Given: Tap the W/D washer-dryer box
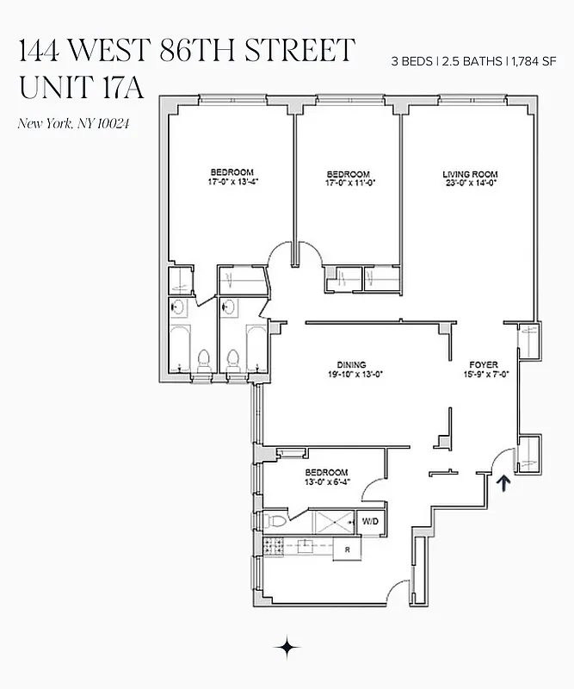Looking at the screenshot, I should point(371,522).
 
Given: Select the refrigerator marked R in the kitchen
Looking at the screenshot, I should point(347,549).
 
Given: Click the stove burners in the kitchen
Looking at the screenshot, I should point(274,545).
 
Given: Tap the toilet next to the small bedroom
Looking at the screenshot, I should point(272,521).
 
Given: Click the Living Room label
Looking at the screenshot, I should point(470,175).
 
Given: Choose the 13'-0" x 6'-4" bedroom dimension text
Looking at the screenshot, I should point(328,481).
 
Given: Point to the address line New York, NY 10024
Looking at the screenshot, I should point(74,123).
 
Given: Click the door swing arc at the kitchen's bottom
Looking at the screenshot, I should point(398,593).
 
